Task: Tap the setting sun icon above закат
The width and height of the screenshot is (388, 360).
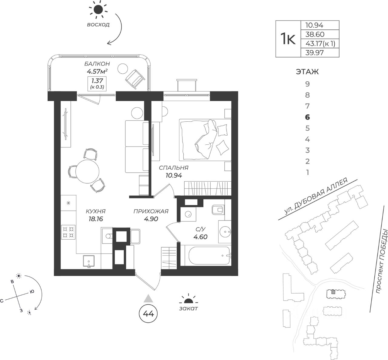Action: pos(189,300)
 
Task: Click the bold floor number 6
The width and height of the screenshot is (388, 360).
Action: pos(308,117)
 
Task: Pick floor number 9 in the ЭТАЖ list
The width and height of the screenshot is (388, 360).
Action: pos(308,84)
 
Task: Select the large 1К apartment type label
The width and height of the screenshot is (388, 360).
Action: pos(288,39)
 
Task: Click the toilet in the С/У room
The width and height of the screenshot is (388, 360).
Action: pos(218,209)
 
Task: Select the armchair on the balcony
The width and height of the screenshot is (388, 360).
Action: pos(134,78)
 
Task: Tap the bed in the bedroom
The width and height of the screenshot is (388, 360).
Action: pos(205,139)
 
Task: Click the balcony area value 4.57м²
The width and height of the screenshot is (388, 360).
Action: pos(97,72)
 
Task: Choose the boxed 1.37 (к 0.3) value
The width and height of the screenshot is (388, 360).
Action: pos(97,83)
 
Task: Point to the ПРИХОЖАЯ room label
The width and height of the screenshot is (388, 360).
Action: pos(151,211)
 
